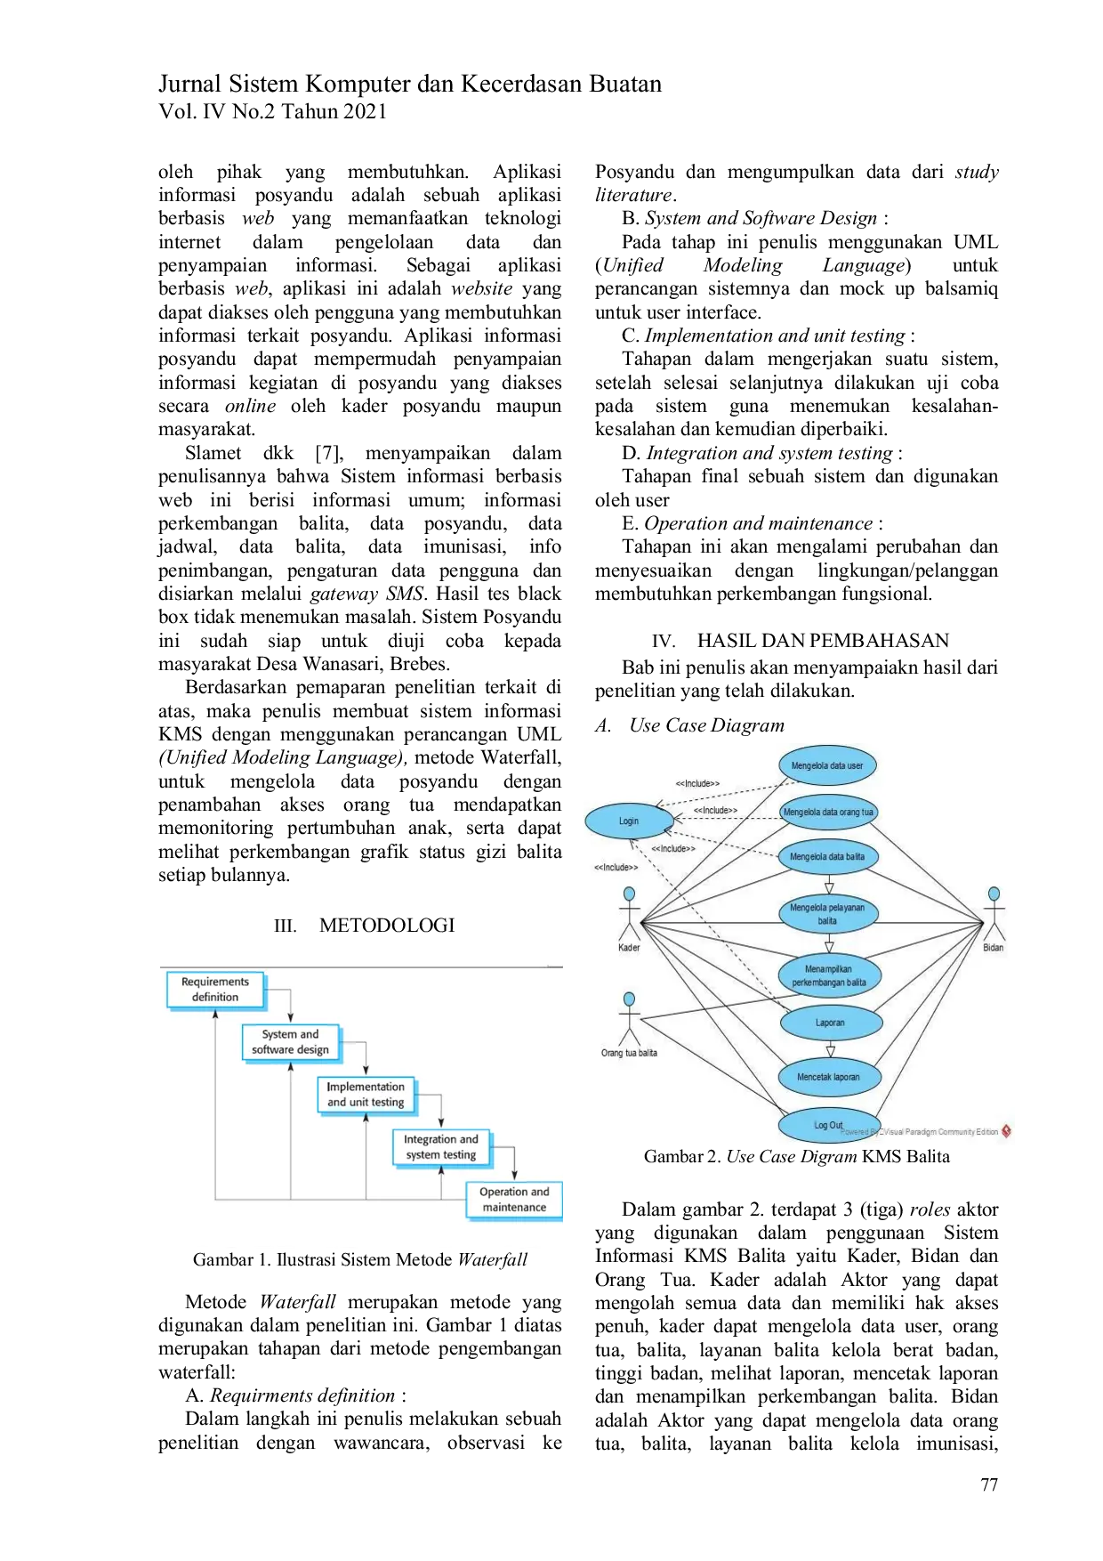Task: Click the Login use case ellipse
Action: pyautogui.click(x=629, y=821)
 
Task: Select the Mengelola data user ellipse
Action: pyautogui.click(x=827, y=765)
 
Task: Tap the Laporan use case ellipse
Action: pyautogui.click(x=830, y=1023)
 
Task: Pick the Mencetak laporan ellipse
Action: pyautogui.click(x=828, y=1077)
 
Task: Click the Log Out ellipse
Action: pyautogui.click(x=828, y=1125)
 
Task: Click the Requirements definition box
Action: pyautogui.click(x=215, y=990)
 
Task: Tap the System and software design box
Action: pyautogui.click(x=290, y=1042)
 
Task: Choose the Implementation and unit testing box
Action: pyautogui.click(x=366, y=1095)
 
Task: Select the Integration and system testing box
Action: pyautogui.click(x=441, y=1147)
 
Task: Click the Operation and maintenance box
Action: pyautogui.click(x=514, y=1200)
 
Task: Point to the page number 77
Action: pyautogui.click(x=989, y=1484)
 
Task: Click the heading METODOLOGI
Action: pyautogui.click(x=387, y=926)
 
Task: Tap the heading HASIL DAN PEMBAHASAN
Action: pyautogui.click(x=823, y=641)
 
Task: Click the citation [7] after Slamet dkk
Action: pyautogui.click(x=329, y=453)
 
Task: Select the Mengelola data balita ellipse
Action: pyautogui.click(x=827, y=857)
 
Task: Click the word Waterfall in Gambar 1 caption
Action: pyautogui.click(x=493, y=1259)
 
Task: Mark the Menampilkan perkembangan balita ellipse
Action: pyautogui.click(x=829, y=975)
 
